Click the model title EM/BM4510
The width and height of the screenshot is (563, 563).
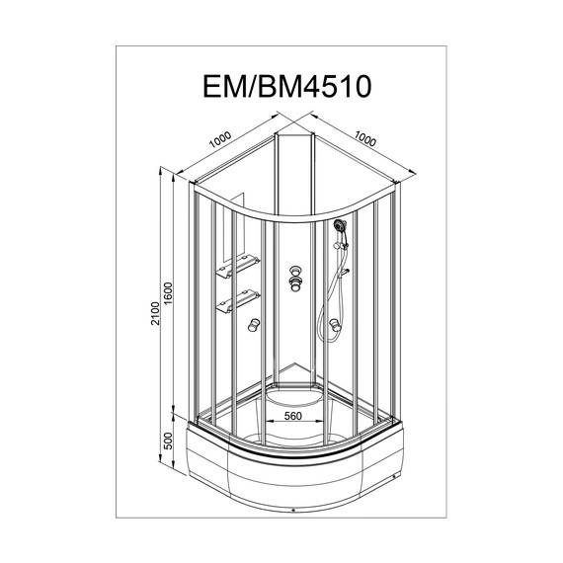(286, 86)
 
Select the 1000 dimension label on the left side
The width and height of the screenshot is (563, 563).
(220, 140)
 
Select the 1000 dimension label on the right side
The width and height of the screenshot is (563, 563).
(365, 138)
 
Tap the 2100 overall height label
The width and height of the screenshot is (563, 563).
(155, 313)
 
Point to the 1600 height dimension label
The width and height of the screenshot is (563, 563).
(168, 293)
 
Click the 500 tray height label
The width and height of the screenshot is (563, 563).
(168, 441)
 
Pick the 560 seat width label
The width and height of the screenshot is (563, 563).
(293, 416)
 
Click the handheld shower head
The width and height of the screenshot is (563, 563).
(340, 226)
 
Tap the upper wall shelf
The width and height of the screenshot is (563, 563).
(238, 266)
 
